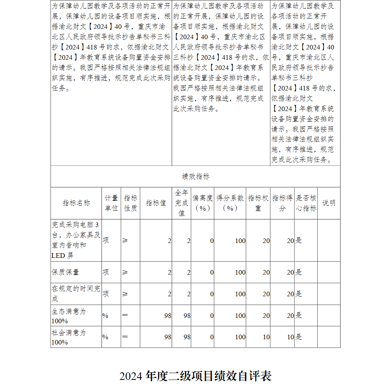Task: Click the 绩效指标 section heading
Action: (195, 176)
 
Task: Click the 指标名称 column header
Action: (76, 203)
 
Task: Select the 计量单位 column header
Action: (111, 203)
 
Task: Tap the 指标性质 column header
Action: (130, 203)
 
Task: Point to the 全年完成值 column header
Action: (181, 203)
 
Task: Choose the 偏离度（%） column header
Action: (203, 203)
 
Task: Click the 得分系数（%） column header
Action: (230, 203)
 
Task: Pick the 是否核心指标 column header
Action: (306, 203)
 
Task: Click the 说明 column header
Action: (329, 203)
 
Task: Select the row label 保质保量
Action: (65, 272)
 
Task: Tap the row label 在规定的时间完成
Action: (76, 294)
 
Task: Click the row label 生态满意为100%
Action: (69, 316)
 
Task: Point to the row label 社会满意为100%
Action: (69, 337)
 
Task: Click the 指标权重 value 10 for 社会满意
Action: (266, 337)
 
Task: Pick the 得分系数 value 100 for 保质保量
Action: (240, 273)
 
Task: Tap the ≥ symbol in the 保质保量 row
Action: (125, 272)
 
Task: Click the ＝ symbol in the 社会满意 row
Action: (125, 337)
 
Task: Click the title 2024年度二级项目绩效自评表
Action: (195, 376)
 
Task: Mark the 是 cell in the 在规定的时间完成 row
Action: (299, 294)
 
